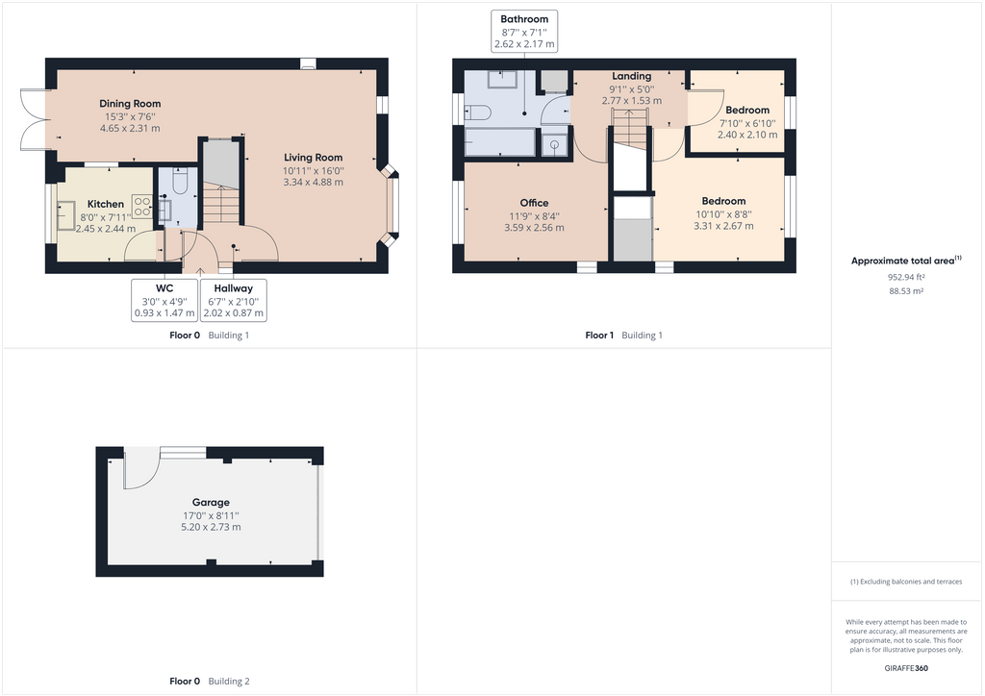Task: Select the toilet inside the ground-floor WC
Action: click(164, 210)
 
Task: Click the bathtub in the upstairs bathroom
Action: click(499, 141)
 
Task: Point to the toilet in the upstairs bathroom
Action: click(478, 112)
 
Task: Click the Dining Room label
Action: click(130, 104)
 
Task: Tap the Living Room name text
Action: click(313, 158)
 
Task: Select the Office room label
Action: click(534, 203)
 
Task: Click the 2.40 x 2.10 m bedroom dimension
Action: click(747, 135)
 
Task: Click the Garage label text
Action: click(211, 502)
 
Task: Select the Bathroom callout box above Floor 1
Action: click(524, 31)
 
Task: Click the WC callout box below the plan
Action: click(164, 300)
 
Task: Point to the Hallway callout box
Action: click(233, 300)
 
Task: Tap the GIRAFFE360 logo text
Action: click(906, 667)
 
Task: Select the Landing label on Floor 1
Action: click(631, 76)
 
